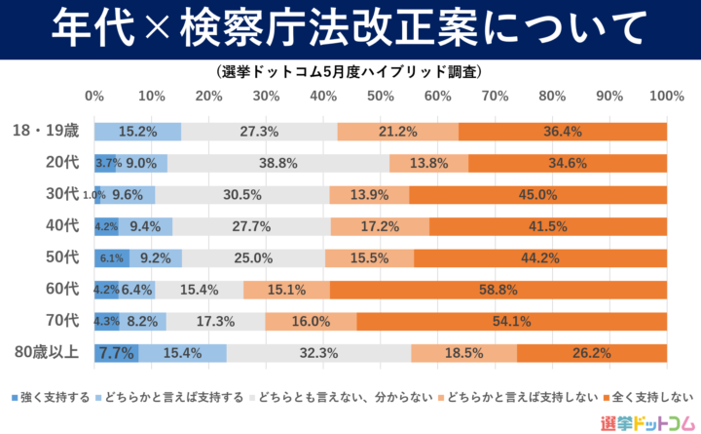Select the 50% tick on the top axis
pos(380,97)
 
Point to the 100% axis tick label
pos(666,97)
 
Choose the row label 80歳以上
pos(48,353)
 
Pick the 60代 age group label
pos(61,290)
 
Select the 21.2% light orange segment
pos(397,132)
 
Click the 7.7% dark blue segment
pos(116,353)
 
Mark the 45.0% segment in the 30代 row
pos(537,195)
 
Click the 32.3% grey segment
pos(318,353)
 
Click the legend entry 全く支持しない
pos(647,397)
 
